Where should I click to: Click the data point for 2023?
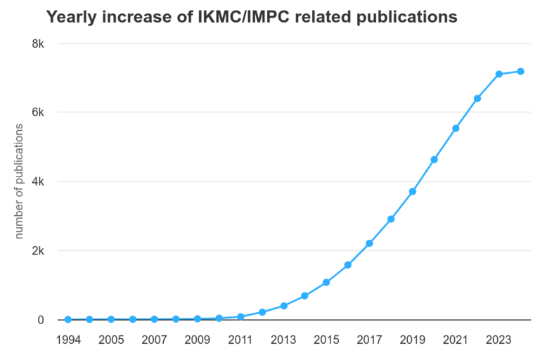[x=499, y=74]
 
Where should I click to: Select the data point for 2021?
[x=456, y=128]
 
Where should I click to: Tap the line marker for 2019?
[x=413, y=191]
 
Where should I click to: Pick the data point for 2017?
[x=369, y=243]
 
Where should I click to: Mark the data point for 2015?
[x=326, y=283]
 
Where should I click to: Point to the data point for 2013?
[x=283, y=306]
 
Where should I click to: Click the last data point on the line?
[x=520, y=71]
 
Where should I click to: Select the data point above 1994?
[x=68, y=319]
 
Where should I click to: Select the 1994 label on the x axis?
[x=68, y=340]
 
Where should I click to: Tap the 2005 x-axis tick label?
[x=111, y=340]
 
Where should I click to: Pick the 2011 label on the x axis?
[x=240, y=340]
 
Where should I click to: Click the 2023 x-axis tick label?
[x=499, y=340]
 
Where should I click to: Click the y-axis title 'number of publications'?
[x=20, y=181]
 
